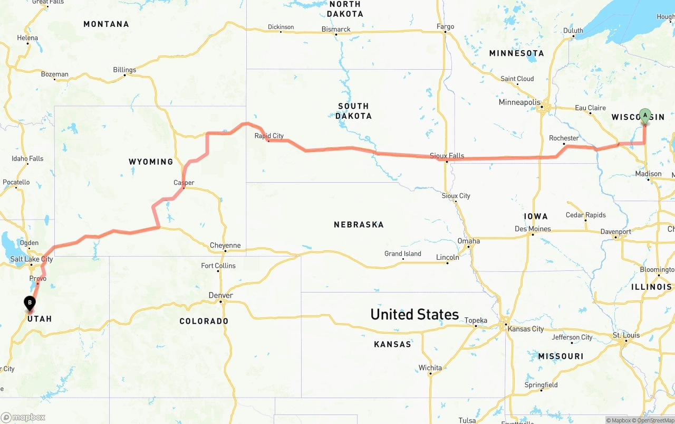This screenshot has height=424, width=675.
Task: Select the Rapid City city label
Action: pos(269,136)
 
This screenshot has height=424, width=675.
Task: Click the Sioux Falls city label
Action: pos(447,156)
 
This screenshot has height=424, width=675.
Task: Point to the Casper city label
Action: pos(184,183)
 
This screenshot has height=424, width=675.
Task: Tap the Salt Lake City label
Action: pos(32,259)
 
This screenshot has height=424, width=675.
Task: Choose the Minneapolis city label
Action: pos(519,102)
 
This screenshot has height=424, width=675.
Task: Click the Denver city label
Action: pos(220,295)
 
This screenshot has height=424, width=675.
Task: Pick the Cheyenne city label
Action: pos(225,245)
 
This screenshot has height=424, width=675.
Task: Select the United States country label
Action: pos(414,314)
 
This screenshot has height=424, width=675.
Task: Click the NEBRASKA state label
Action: pos(359,224)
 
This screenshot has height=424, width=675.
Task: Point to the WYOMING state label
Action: pos(151,162)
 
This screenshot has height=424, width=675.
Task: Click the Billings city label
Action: pos(124,70)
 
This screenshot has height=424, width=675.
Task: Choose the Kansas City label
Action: pos(525,329)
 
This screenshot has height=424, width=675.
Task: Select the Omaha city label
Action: pos(468,241)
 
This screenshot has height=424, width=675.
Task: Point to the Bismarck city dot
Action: pos(336,35)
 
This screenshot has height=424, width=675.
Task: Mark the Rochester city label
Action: pos(564,138)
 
